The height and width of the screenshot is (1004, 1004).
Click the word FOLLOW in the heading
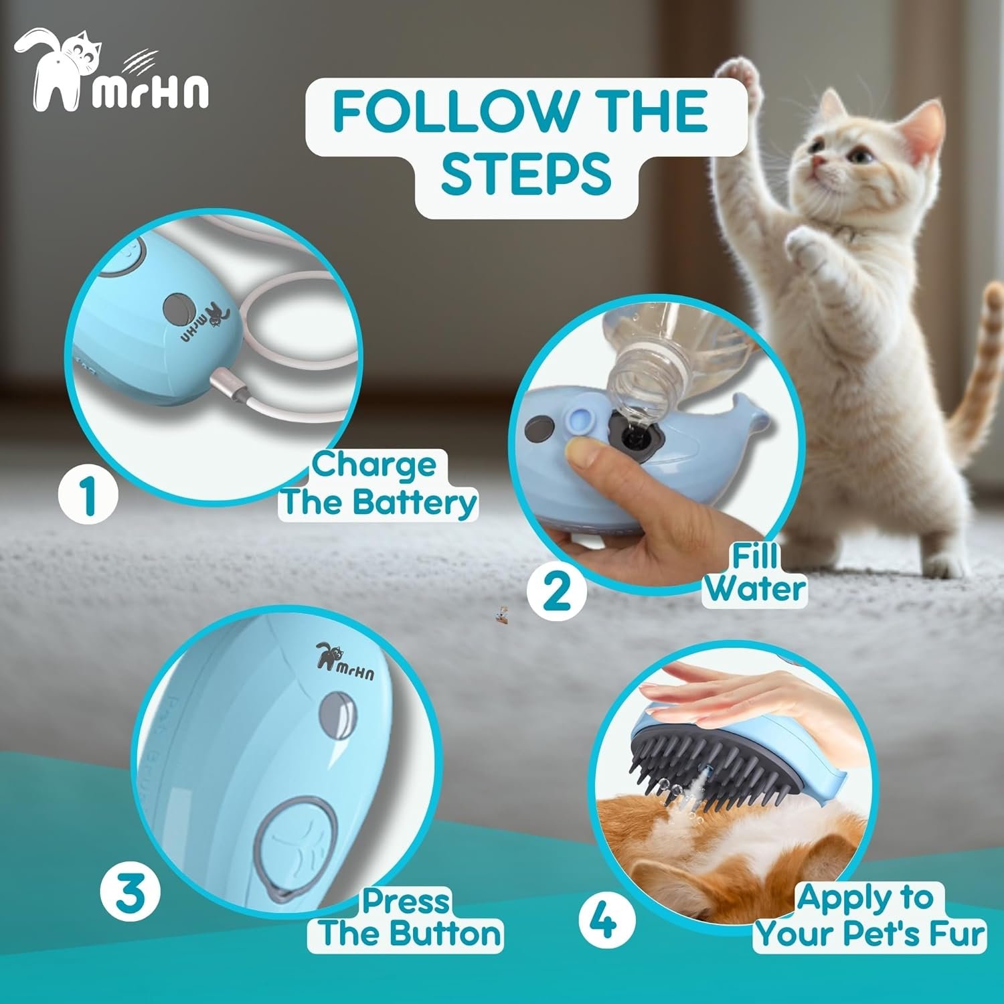453,110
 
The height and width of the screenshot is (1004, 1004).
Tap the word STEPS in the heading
526,173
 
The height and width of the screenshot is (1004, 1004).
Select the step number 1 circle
88,495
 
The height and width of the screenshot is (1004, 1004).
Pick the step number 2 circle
557,590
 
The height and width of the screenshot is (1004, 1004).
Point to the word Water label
754,589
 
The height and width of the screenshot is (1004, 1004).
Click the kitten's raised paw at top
743,74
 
